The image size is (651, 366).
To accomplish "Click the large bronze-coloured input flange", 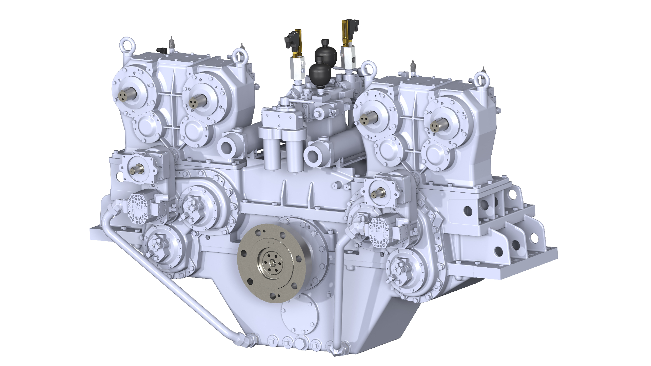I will (271, 263).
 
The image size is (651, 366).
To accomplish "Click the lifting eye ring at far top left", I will (127, 45).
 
